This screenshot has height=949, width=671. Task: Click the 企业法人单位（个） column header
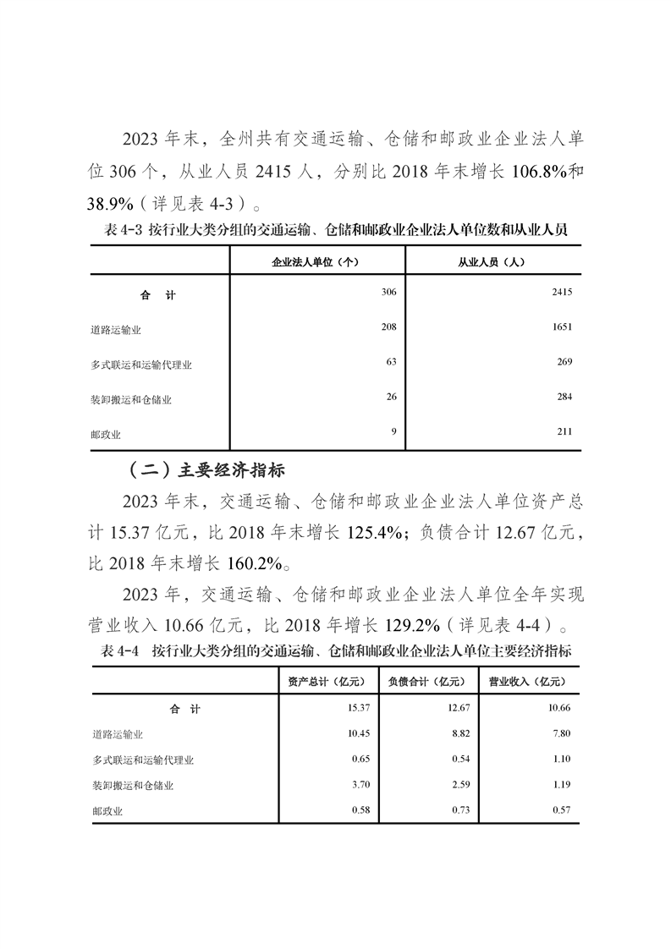tap(316, 261)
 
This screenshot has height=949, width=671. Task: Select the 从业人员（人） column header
tap(492, 261)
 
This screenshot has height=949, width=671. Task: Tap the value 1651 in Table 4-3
tap(562, 326)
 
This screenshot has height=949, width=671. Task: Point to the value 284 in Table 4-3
tap(564, 397)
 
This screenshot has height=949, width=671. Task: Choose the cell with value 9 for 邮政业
tap(393, 431)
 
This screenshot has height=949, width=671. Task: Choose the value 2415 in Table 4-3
tap(562, 292)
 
